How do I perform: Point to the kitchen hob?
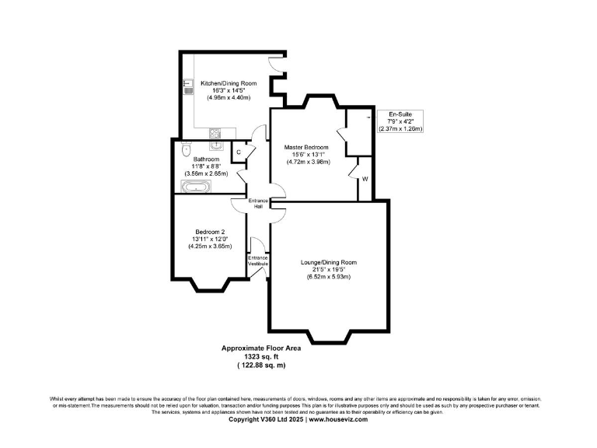pos(215,132)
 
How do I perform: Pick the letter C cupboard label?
pos(239,152)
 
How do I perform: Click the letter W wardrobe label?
pos(365,178)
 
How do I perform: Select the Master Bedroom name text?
pos(306,147)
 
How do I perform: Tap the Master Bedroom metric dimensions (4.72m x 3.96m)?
pos(306,163)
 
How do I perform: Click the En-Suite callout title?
pos(400,114)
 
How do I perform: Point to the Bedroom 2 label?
pos(210,231)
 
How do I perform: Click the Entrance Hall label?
pos(258,204)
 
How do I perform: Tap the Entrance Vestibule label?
pos(258,261)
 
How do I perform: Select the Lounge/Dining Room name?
pos(329,262)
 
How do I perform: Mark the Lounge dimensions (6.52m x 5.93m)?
pos(329,278)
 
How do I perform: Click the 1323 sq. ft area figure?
pos(261,357)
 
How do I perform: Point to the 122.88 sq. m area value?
pos(261,365)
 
